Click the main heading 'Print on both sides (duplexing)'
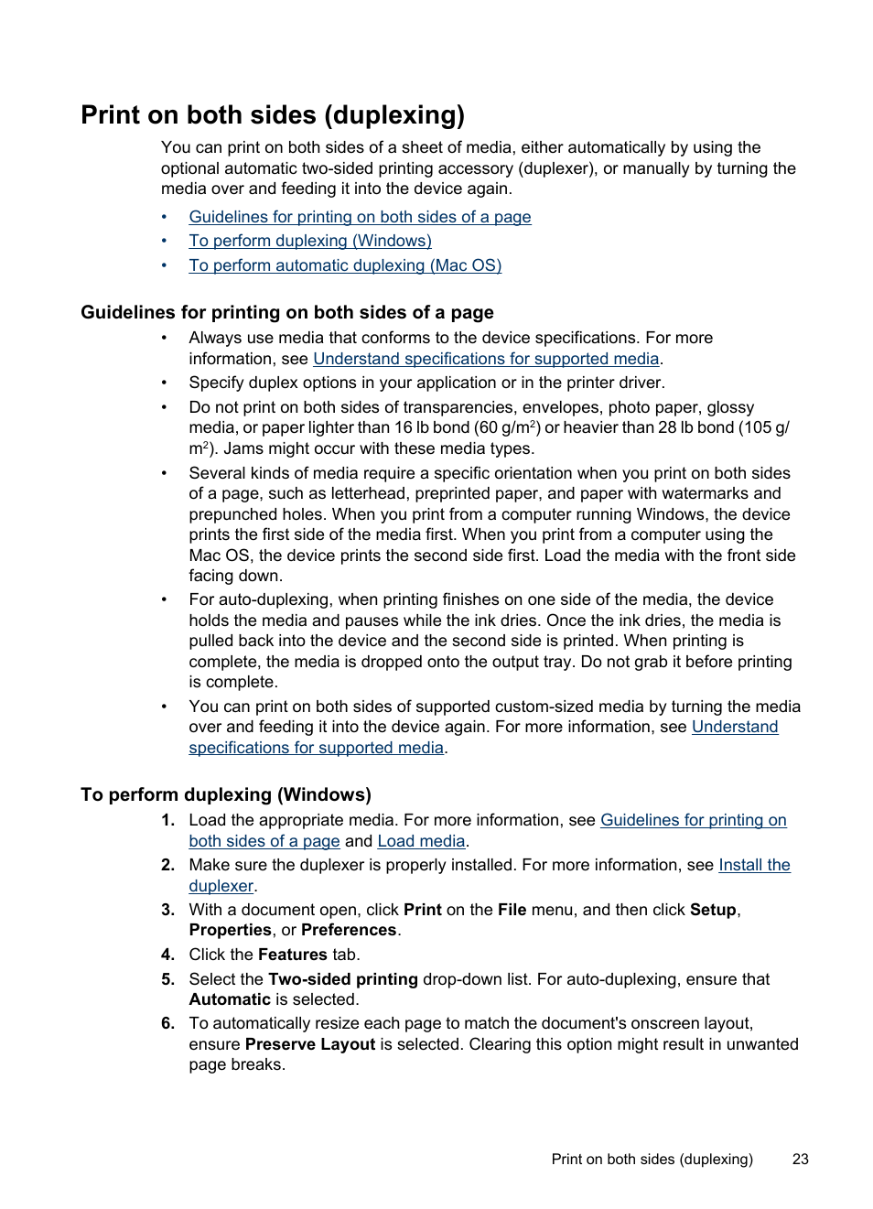(273, 115)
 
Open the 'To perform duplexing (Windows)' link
(309, 241)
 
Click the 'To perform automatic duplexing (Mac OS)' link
(345, 265)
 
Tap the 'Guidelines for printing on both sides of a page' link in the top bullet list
(360, 217)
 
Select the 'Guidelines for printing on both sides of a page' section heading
(286, 313)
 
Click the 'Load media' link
(421, 841)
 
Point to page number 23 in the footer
(800, 1159)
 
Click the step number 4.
(167, 955)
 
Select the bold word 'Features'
(292, 955)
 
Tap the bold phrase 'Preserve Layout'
(309, 1044)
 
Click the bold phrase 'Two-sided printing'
(342, 979)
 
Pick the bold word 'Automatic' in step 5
(230, 999)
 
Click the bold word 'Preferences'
(349, 930)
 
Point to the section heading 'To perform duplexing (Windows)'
(225, 794)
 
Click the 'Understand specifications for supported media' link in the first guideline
(486, 359)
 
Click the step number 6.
(167, 1023)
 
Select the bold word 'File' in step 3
(512, 910)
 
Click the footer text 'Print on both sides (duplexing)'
(652, 1159)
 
